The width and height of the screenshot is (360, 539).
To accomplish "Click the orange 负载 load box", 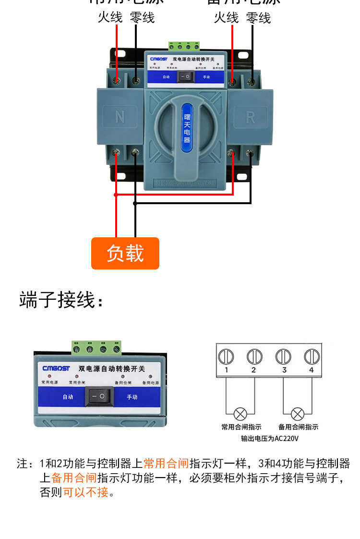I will [125, 253].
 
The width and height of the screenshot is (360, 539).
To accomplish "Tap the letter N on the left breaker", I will [120, 117].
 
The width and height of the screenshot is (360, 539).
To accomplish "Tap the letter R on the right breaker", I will [250, 117].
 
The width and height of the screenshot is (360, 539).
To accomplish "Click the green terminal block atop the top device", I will [184, 46].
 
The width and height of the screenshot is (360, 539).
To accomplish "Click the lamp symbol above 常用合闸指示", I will [240, 413].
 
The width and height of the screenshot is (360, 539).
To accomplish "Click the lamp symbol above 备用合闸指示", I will [298, 413].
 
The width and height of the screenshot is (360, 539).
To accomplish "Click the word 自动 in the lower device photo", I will [68, 397].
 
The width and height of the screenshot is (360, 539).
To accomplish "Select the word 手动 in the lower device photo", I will [132, 397].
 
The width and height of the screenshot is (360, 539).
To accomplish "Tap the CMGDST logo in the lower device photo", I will [56, 368].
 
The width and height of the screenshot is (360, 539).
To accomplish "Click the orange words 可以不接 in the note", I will [86, 492].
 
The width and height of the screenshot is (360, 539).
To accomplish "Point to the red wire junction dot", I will [116, 195].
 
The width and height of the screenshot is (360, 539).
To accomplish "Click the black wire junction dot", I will [135, 203].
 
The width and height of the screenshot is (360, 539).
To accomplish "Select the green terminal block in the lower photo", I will [96, 347].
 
